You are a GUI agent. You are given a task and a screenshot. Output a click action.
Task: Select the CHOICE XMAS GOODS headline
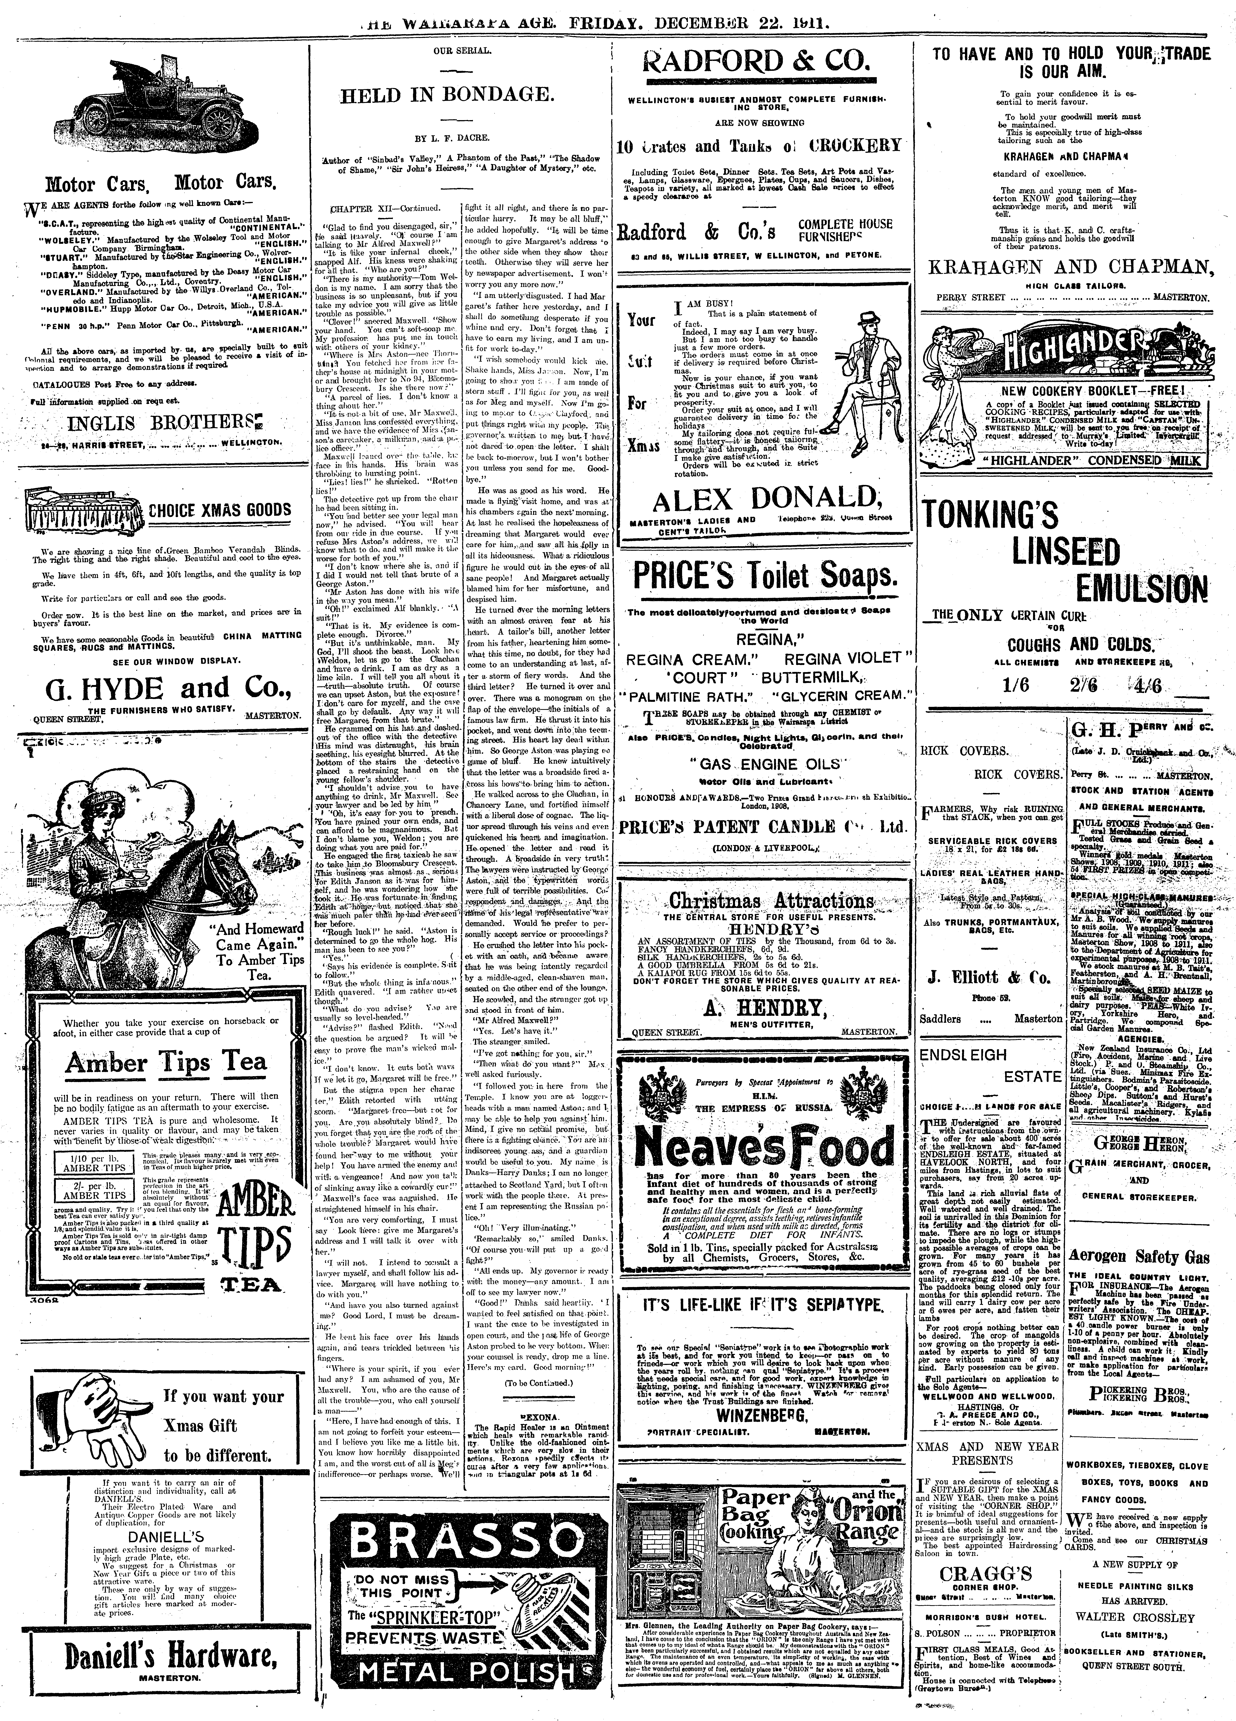(219, 509)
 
